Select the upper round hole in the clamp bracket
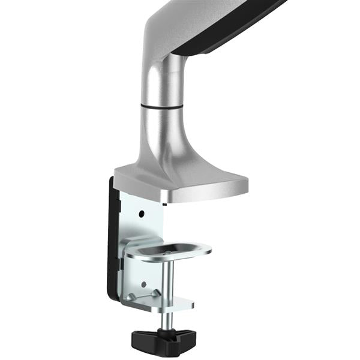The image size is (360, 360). pos(142,214)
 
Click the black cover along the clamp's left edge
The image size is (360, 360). pos(115,240)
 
